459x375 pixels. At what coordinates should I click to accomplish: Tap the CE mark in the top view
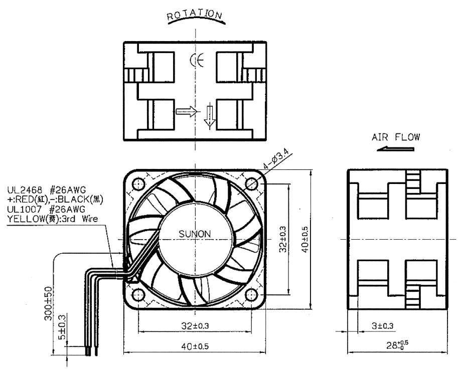197,60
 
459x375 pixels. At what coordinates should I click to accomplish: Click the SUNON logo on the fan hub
195,234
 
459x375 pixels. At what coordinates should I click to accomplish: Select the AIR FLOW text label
396,137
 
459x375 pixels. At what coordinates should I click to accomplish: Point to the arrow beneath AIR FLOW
395,148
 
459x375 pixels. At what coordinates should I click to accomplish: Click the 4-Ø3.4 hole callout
276,158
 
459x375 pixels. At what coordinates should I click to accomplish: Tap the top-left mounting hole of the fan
138,184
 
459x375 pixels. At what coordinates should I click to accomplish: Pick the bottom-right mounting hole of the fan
251,295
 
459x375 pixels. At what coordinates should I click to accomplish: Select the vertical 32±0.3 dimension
283,239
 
